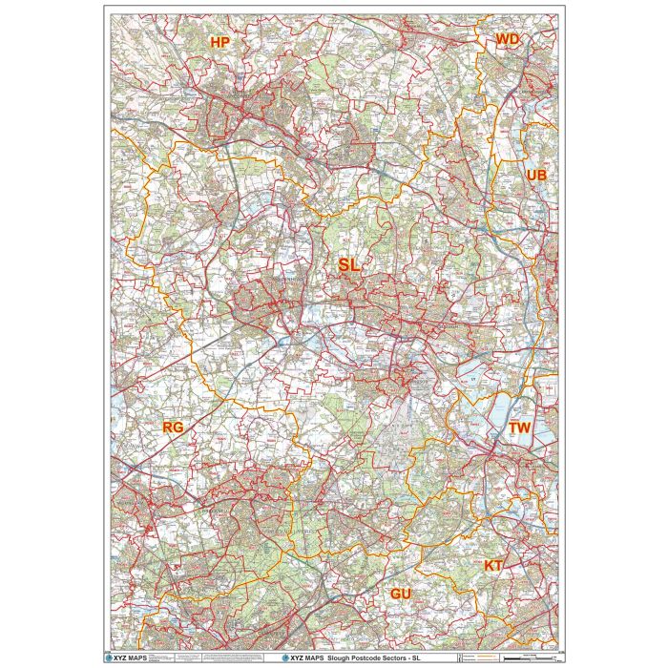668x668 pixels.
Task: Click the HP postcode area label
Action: click(x=220, y=42)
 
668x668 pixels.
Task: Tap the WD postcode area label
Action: click(x=507, y=39)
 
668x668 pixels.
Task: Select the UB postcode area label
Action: click(x=536, y=176)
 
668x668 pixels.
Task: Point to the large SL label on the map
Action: click(x=349, y=266)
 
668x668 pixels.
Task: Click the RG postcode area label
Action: click(x=173, y=427)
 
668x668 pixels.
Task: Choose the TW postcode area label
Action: click(x=519, y=428)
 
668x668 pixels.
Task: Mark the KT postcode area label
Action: click(x=493, y=566)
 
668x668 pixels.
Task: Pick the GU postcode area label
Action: click(x=401, y=594)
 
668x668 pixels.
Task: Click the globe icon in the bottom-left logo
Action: click(x=108, y=658)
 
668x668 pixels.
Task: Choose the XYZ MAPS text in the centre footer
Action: click(x=305, y=658)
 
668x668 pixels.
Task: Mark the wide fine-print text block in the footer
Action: click(x=210, y=658)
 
